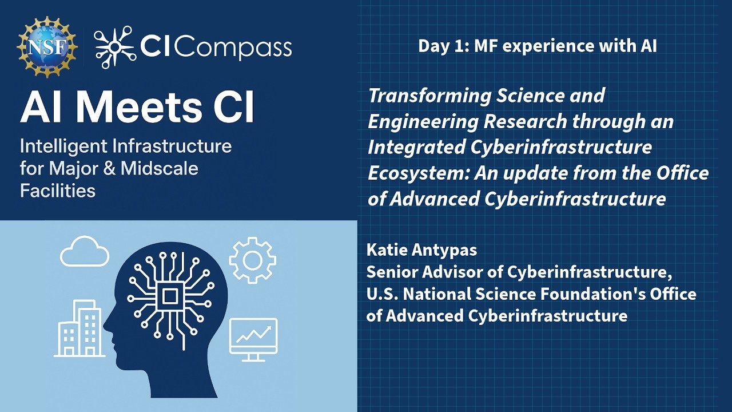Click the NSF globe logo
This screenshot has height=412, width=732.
click(x=47, y=47)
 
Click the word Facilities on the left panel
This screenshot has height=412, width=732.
click(x=58, y=191)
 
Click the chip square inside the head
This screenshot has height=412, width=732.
click(x=170, y=296)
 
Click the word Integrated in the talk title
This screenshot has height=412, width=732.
click(x=416, y=147)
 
